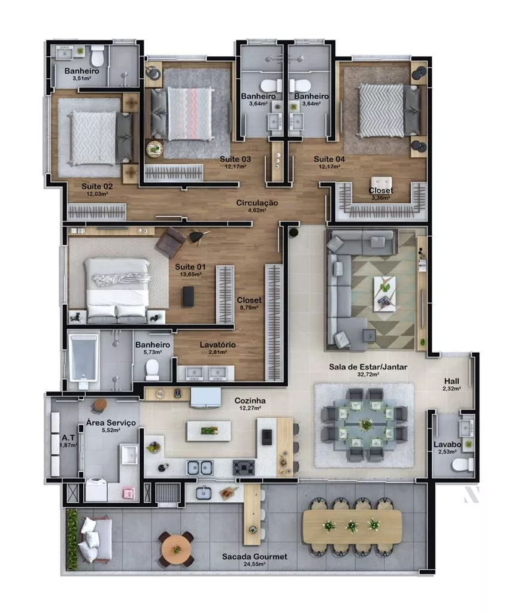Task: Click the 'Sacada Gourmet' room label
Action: point(255,556)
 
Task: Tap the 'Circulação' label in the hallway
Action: point(257,203)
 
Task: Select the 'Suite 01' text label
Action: point(190,267)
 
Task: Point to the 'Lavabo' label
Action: point(447,445)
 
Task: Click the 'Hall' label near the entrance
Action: point(452,381)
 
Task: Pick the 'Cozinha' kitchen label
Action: point(250,400)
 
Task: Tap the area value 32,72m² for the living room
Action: point(368,374)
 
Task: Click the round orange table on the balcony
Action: point(177,550)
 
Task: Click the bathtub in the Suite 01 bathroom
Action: point(83,356)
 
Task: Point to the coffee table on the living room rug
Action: point(384,293)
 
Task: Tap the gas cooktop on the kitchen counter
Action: point(244,468)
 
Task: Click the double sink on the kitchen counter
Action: point(200,468)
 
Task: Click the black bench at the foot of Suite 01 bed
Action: point(188,296)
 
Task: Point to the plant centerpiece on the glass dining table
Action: point(366,424)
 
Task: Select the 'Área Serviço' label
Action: point(111,423)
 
